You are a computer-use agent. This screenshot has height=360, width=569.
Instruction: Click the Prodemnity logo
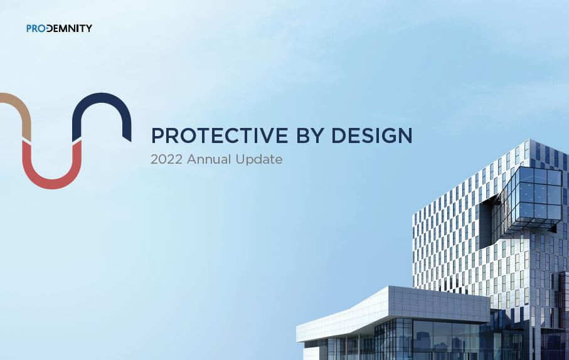coord(59,28)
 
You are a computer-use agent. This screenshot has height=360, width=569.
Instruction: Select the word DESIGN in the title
coord(371,135)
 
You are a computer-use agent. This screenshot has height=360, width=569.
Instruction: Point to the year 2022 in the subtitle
coord(166,159)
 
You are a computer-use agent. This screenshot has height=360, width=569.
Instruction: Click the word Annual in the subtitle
coord(209,159)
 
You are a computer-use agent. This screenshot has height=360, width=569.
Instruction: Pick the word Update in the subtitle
coord(259,160)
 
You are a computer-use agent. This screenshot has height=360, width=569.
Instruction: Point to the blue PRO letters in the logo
coord(36,28)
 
